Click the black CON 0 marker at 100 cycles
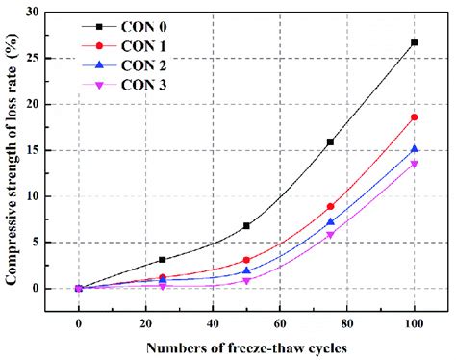(414, 42)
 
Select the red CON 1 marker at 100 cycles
(414, 117)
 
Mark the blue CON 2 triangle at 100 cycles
(414, 149)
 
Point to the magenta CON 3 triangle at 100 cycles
(414, 164)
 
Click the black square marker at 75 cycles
(330, 141)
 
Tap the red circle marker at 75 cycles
(330, 206)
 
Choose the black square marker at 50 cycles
(246, 226)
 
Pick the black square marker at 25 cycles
(163, 260)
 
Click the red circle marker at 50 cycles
(246, 260)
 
